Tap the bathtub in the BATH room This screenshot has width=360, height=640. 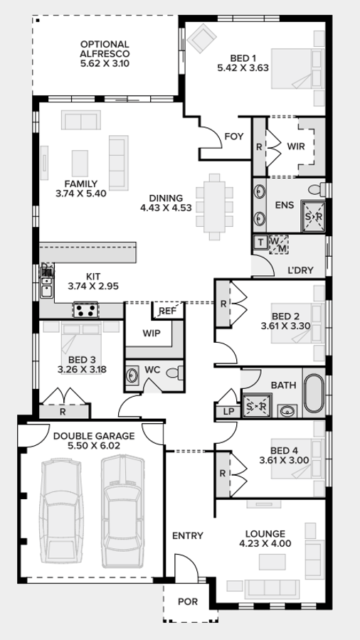pos(313,394)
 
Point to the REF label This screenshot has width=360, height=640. pos(168,311)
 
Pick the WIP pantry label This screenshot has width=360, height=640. pos(151,333)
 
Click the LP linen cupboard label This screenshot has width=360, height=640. pos(228,411)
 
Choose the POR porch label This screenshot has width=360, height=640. pos(187,602)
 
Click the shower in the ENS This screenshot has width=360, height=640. pos(314,215)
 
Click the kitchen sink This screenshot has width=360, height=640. pos(47,285)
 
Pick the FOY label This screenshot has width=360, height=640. pos(234,136)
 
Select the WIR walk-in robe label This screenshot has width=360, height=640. pos(297,146)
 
